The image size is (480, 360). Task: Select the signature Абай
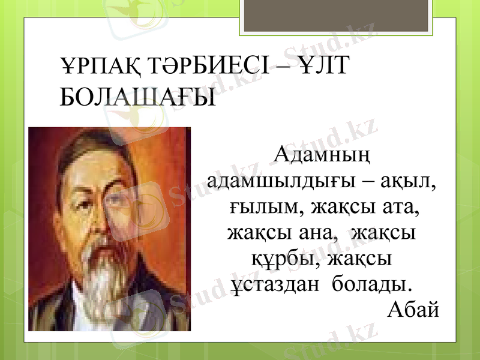tap(414, 310)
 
